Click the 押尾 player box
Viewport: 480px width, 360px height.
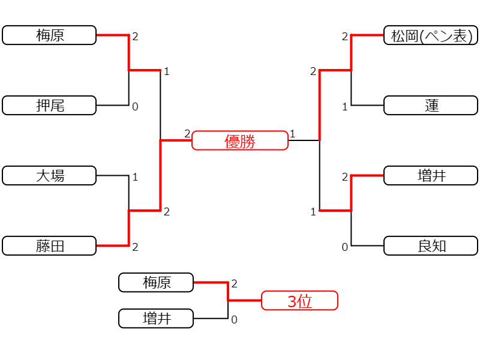coord(49,106)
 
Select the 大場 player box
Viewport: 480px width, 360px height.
coord(49,175)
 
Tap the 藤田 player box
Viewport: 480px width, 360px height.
coord(49,245)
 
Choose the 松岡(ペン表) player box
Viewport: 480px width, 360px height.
coord(431,35)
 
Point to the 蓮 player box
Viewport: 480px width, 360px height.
coord(431,106)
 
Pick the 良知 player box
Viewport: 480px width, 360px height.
coord(431,245)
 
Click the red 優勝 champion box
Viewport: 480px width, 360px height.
coord(240,140)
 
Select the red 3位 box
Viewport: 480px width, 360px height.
coord(299,301)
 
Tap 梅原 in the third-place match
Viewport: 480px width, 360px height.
coord(156,282)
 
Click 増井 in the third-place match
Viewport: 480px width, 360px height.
coord(156,319)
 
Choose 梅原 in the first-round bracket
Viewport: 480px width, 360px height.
coord(49,35)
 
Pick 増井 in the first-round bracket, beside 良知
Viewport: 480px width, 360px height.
coord(431,175)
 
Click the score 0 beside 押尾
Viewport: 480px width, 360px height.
coord(136,107)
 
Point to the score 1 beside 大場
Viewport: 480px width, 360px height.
coord(136,177)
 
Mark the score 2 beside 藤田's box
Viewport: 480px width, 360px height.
coord(136,247)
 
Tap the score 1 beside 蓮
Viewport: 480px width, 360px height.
coord(345,107)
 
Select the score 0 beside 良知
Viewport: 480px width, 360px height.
coord(345,247)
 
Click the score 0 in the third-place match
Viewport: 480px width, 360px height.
coord(234,320)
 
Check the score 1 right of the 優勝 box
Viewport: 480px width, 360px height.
coord(293,134)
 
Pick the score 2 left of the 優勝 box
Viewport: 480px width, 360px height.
coord(187,134)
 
